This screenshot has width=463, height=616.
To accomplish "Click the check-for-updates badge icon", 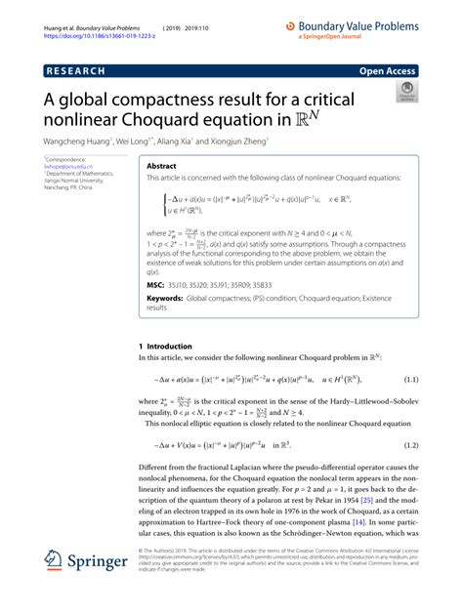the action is coord(403,94).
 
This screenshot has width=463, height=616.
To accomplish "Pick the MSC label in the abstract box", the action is coord(157,284).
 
